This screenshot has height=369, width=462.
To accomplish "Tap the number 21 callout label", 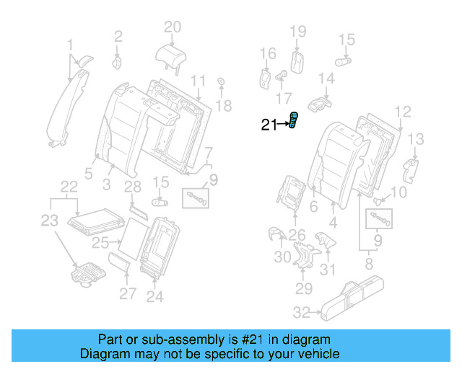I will pyautogui.click(x=269, y=125).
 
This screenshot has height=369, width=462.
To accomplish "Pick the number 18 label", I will pyautogui.click(x=224, y=106).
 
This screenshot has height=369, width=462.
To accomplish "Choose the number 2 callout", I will pyautogui.click(x=118, y=34).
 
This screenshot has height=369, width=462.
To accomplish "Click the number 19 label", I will pyautogui.click(x=298, y=31).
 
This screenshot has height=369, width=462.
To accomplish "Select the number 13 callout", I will pyautogui.click(x=416, y=139).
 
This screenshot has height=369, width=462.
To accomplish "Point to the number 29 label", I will pyautogui.click(x=303, y=289).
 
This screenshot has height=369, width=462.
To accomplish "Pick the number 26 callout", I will pyautogui.click(x=297, y=234).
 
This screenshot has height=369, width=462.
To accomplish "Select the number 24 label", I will pyautogui.click(x=154, y=295).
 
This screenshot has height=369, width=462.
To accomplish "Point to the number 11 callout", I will pyautogui.click(x=198, y=79).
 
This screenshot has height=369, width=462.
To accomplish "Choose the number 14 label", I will pyautogui.click(x=327, y=78).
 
